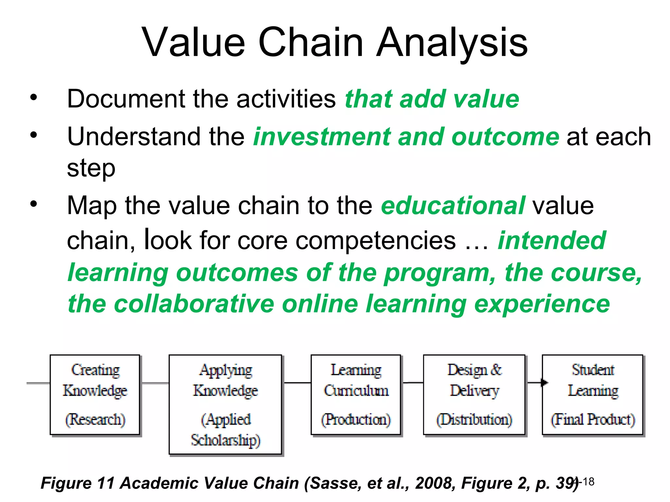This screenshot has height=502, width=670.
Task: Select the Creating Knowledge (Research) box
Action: (95, 394)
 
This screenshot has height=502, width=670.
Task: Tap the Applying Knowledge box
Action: (225, 404)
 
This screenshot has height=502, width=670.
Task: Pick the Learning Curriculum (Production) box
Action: (356, 394)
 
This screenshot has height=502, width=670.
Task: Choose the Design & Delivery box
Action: (474, 394)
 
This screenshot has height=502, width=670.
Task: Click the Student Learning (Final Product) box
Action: (592, 394)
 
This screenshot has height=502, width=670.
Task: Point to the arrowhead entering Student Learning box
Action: (544, 382)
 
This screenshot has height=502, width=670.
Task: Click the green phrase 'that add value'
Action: (432, 99)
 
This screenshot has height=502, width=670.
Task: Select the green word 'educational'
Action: (453, 206)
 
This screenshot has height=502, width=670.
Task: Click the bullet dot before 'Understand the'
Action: (33, 135)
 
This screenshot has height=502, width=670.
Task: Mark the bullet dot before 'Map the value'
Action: (33, 204)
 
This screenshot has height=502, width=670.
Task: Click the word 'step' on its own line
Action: (91, 168)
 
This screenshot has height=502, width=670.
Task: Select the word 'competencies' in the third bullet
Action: (376, 241)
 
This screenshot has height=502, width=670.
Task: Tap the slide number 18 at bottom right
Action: (588, 482)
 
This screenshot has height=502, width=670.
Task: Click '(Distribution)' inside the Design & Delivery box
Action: (474, 419)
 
